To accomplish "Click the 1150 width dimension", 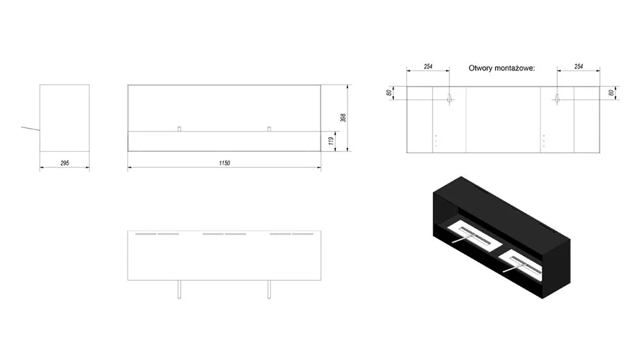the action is (x=224, y=163).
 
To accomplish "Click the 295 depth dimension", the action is (x=65, y=163).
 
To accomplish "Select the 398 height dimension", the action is (x=344, y=118).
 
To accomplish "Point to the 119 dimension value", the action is (x=331, y=141).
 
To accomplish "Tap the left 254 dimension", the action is (x=428, y=66).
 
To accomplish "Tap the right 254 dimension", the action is (x=578, y=66).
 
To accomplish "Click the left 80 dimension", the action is (x=389, y=93).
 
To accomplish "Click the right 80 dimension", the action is (x=611, y=93).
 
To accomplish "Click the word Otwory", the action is (x=480, y=69).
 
